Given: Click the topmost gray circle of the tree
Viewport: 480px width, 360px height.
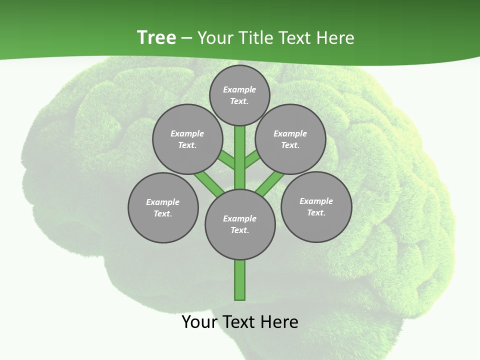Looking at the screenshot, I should coord(239,95).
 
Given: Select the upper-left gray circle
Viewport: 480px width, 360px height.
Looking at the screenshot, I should coord(187,139).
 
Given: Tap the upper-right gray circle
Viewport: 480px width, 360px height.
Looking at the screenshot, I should coord(290,139).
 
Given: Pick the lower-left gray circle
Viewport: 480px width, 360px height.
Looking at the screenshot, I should coord(163,207).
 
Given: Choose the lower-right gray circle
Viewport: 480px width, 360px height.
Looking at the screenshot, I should coord(316,206).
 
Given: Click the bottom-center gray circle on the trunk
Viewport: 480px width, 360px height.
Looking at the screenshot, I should coord(240,224).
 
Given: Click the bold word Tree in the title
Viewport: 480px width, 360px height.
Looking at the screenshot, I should coord(156,37).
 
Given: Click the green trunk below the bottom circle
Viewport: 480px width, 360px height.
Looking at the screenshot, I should coord(240,280).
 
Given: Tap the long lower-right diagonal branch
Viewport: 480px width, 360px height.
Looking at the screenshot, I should coord(270,183).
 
